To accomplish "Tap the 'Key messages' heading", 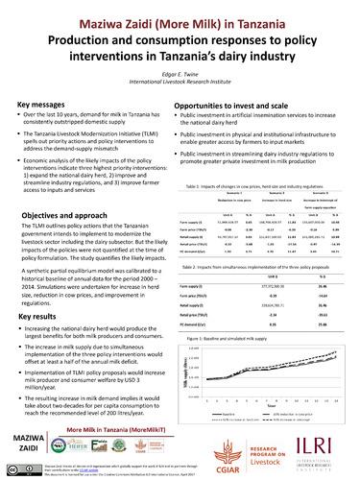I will click(43, 103).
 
